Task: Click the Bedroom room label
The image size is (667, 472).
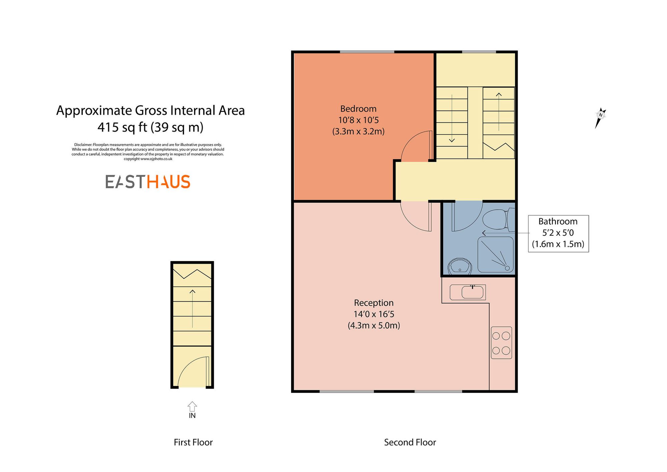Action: [x=358, y=109]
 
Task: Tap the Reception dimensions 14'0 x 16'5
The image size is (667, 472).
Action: [x=374, y=314]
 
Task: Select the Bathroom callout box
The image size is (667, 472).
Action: [x=558, y=233]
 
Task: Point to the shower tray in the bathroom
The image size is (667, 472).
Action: [x=496, y=255]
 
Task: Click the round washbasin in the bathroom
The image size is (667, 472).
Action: [x=460, y=266]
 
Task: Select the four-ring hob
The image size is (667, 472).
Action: [x=501, y=343]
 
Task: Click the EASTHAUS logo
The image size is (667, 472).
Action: [x=148, y=182]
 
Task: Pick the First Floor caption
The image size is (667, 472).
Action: [x=193, y=442]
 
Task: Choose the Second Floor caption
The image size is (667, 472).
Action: [x=410, y=442]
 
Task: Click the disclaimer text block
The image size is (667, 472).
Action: [x=148, y=152]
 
